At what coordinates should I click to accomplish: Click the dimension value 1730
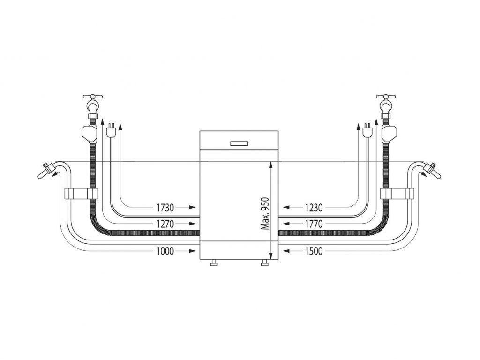[x=165, y=208]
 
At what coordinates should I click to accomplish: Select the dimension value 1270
[x=165, y=224]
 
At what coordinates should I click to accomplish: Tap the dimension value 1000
[x=165, y=251]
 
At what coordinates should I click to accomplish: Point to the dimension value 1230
[x=314, y=208]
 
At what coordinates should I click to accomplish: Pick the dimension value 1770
[x=314, y=224]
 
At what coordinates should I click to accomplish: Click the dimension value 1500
[x=314, y=251]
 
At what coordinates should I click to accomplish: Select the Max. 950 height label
[x=265, y=213]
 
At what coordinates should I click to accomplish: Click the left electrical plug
[x=111, y=131]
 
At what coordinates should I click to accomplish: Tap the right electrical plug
[x=367, y=131]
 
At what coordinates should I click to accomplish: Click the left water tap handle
[x=93, y=97]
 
